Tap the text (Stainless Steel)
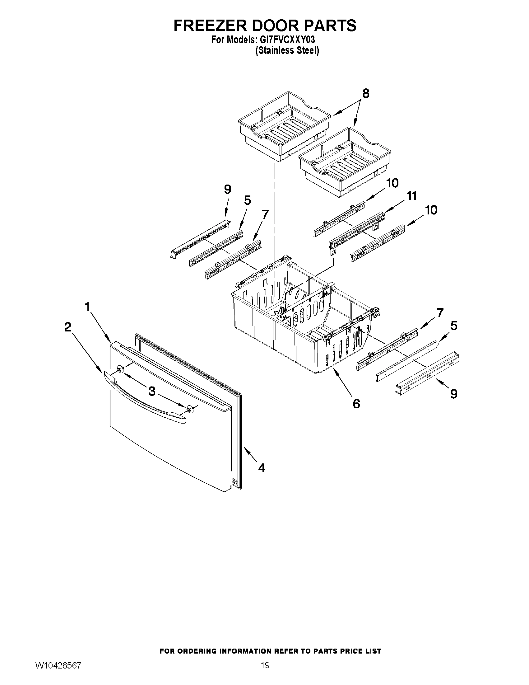(287, 50)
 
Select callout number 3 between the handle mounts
(152, 391)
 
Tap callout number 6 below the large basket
(356, 404)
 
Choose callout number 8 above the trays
(365, 93)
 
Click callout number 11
(411, 196)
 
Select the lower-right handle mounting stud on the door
(189, 409)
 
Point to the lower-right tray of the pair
(345, 162)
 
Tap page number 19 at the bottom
(265, 663)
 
